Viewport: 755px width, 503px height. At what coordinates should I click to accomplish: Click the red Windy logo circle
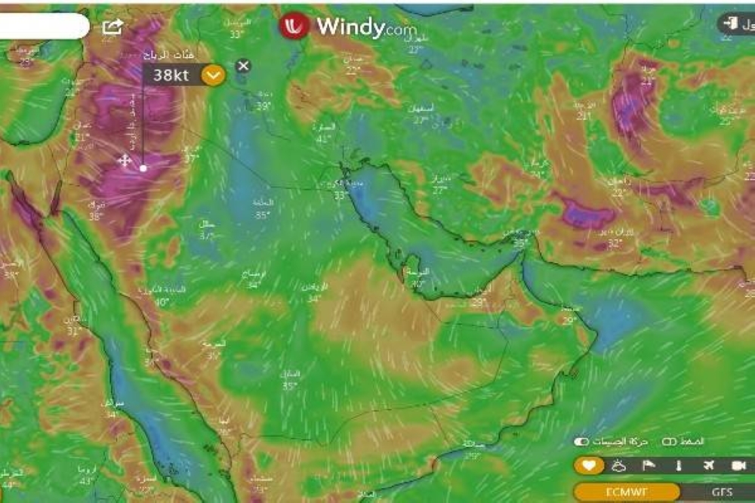pos(294,26)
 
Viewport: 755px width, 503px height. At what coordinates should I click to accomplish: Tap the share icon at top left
pos(112,27)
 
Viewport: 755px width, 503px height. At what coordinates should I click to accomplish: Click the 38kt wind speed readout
pos(171,75)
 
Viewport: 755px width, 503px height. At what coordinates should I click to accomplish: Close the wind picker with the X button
pos(242,66)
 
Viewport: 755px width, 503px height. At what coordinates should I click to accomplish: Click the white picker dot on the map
pos(143,168)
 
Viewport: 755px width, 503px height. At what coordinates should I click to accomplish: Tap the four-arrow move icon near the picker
pos(125,160)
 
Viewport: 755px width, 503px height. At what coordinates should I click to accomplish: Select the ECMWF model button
pos(627,492)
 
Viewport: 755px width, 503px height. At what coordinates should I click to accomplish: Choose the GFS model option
pos(721,492)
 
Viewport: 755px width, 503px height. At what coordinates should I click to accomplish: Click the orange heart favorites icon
pos(588,465)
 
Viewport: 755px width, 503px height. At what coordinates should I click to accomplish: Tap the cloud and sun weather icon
pos(618,465)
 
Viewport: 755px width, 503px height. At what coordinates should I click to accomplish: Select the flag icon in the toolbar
pos(648,465)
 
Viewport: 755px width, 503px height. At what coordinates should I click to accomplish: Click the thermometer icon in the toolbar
pos(678,465)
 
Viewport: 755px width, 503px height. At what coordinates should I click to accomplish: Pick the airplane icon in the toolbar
pos(708,465)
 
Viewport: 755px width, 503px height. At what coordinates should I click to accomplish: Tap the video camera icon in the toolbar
pos(738,465)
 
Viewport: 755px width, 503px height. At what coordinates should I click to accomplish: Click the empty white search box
pos(42,26)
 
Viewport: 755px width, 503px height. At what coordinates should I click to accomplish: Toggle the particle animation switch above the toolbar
pos(581,441)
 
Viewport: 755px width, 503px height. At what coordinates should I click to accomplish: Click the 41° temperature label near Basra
pos(324,138)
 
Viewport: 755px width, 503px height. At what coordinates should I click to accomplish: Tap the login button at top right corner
pos(736,23)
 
